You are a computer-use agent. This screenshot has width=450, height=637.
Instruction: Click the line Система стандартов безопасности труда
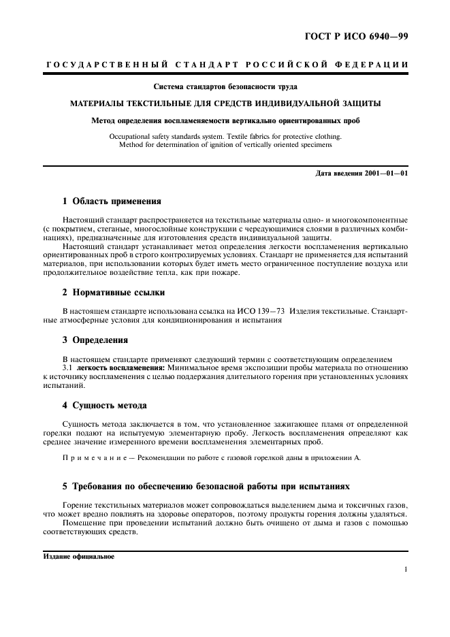tap(225, 87)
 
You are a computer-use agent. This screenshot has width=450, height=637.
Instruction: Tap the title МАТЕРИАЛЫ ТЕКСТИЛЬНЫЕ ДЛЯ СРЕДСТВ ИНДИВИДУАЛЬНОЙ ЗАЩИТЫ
tap(225, 104)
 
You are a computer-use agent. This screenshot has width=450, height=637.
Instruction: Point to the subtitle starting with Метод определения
tap(225, 121)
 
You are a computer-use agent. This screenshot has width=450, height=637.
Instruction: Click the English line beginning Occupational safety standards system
tap(225, 136)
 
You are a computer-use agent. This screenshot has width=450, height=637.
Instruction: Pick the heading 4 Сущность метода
tap(104, 406)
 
